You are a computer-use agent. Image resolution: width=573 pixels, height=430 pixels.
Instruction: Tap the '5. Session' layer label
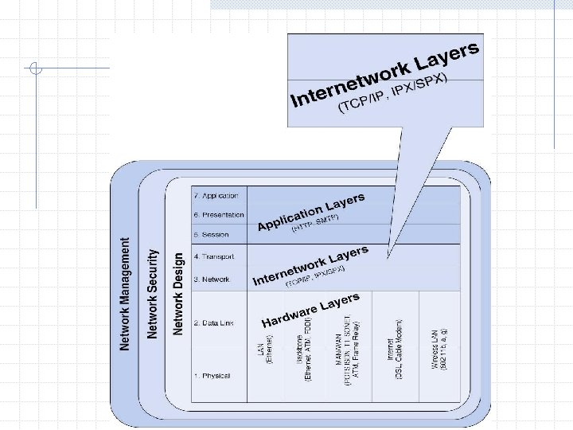click(210, 235)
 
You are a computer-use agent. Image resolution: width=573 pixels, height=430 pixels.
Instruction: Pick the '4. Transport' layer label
click(212, 256)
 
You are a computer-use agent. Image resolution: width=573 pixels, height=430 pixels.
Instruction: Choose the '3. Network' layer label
click(210, 279)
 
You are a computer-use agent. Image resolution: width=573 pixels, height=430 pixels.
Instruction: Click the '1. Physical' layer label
click(210, 375)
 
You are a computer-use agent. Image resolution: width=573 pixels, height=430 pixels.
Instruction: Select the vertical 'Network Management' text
click(126, 294)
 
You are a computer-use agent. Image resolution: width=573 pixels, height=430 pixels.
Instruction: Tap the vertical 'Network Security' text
click(152, 294)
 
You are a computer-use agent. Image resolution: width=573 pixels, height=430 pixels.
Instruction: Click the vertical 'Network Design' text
click(178, 294)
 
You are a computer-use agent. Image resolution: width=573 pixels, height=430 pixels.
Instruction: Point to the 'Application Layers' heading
click(311, 211)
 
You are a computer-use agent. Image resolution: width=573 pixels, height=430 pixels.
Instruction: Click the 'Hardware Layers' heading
click(311, 311)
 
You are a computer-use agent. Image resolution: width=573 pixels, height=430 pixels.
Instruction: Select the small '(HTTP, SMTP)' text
click(315, 224)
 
